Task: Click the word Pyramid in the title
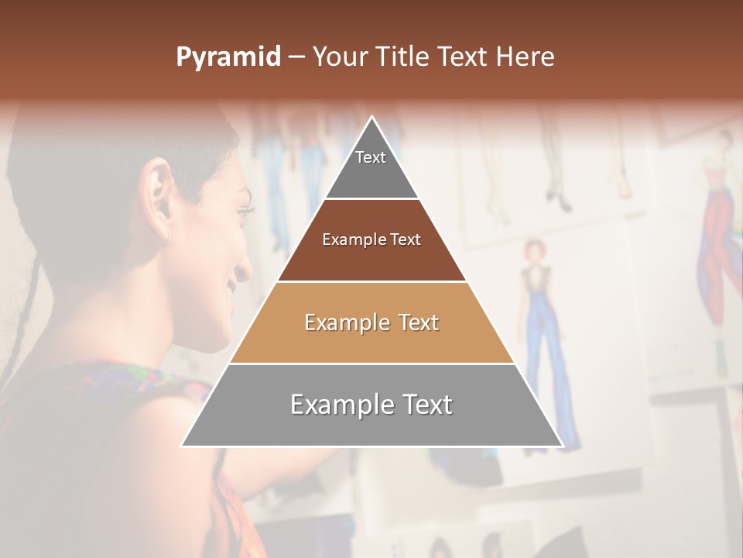click(x=228, y=57)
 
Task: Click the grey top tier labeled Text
click(x=371, y=167)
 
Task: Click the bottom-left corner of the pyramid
click(x=183, y=445)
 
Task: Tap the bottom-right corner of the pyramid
click(x=561, y=445)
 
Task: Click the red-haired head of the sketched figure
click(x=532, y=250)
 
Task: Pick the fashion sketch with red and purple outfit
click(x=717, y=232)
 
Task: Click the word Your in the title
click(x=338, y=57)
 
